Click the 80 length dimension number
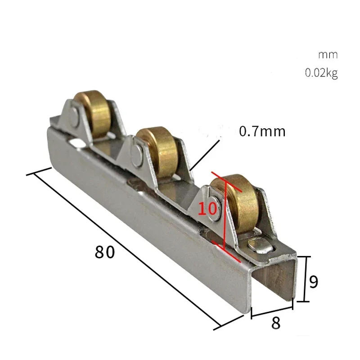(x=105, y=252)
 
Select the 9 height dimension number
(x=314, y=282)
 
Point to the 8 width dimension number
(x=276, y=323)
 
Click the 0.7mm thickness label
(x=262, y=131)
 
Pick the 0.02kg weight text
(x=321, y=73)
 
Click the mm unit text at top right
(x=328, y=55)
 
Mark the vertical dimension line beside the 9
(x=306, y=279)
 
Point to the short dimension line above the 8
(x=272, y=310)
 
